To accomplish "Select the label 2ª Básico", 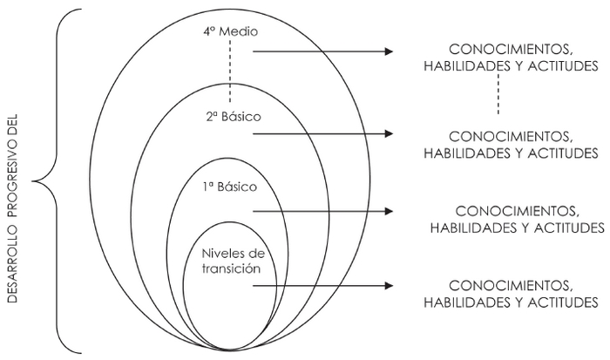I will tap(230, 115).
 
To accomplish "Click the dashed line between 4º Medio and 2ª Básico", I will tap(230, 74).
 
